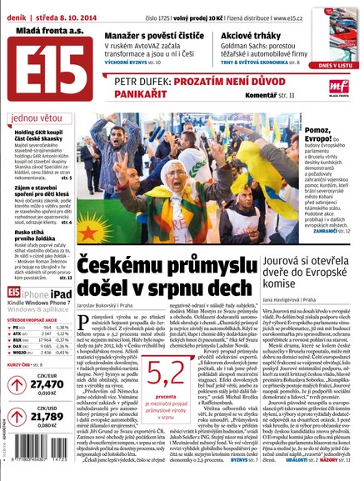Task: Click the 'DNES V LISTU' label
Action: [x=335, y=64]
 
